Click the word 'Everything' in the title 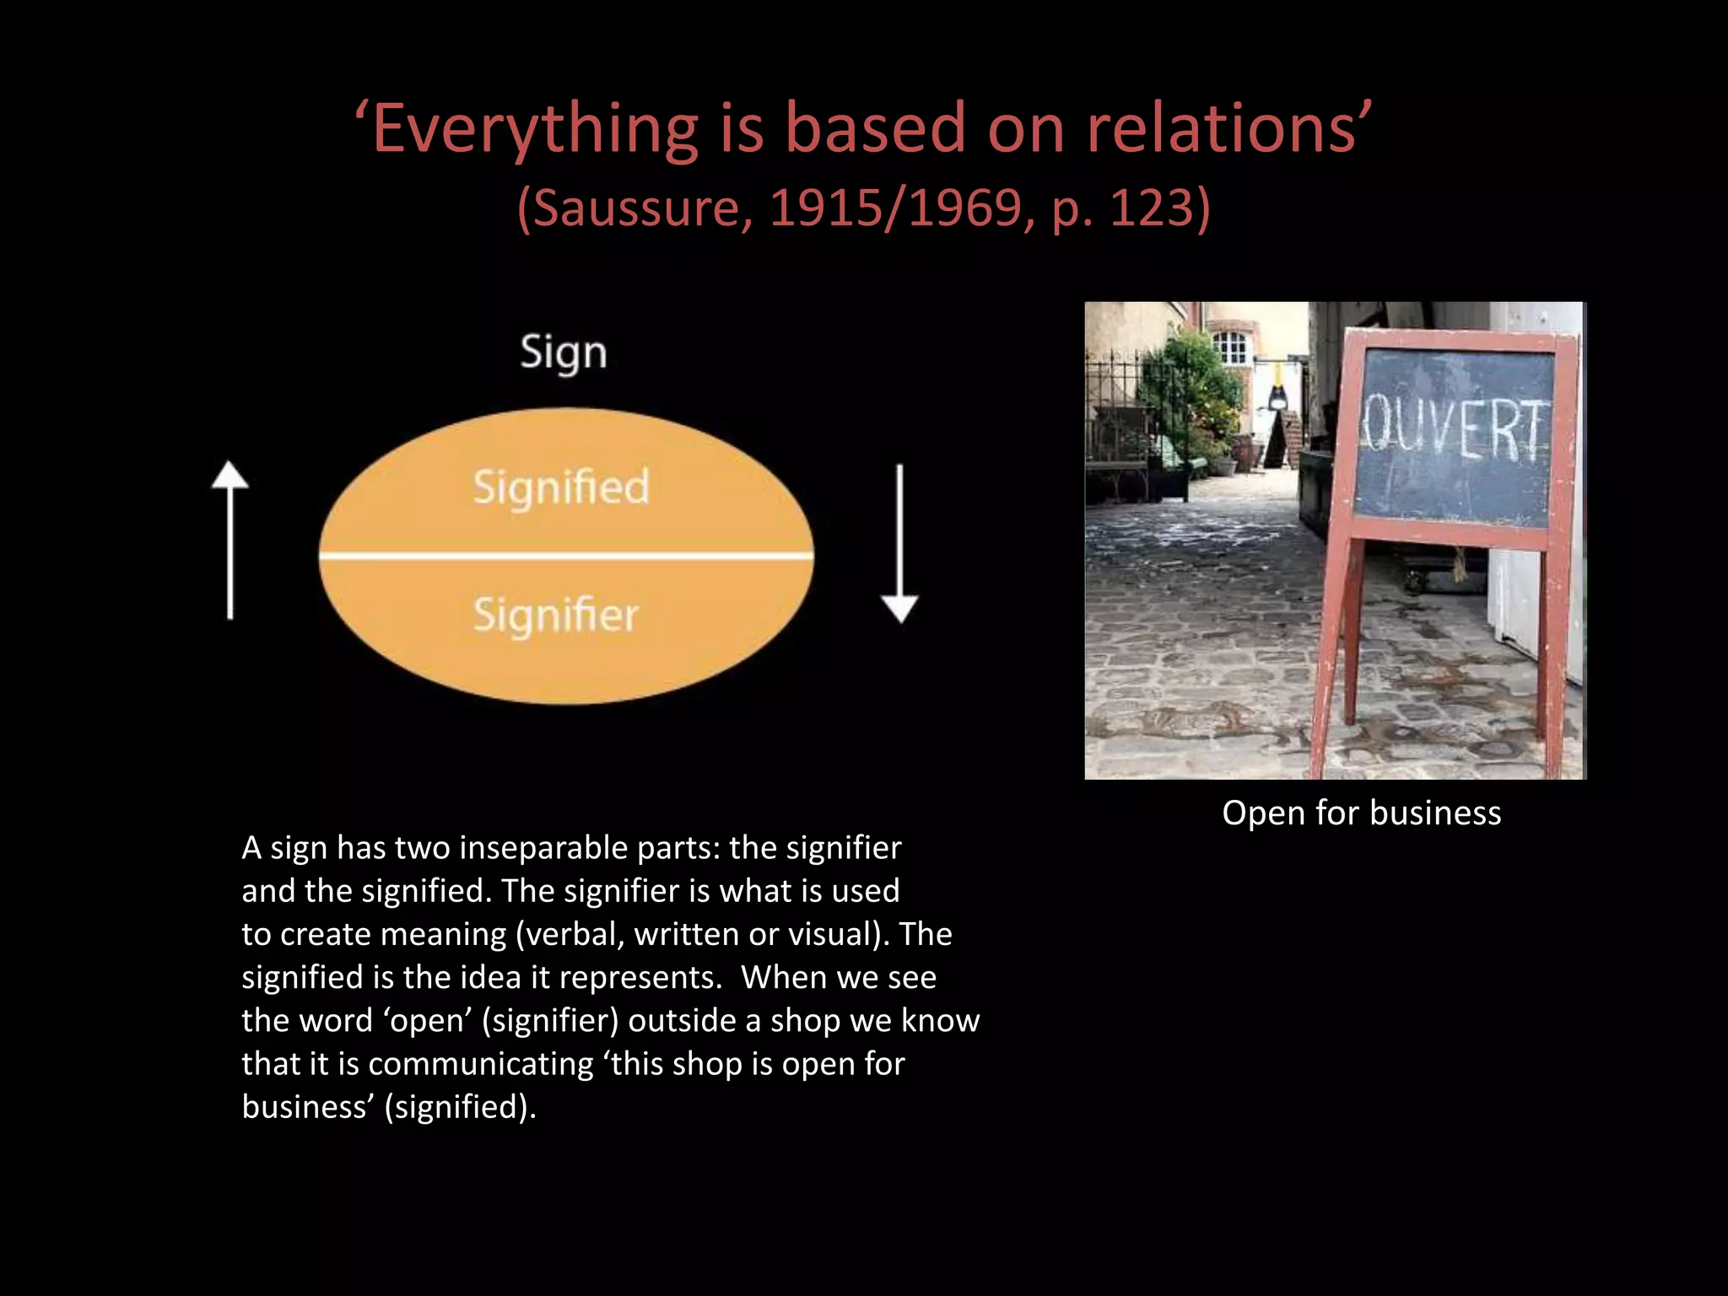535,129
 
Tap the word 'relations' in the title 1221,129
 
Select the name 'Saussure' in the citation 640,208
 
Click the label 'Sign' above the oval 564,353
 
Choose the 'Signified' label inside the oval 561,488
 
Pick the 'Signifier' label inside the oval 555,614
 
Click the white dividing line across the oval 565,555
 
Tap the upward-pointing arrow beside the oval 229,540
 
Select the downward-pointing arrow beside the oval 899,544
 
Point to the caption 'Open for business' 1361,813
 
